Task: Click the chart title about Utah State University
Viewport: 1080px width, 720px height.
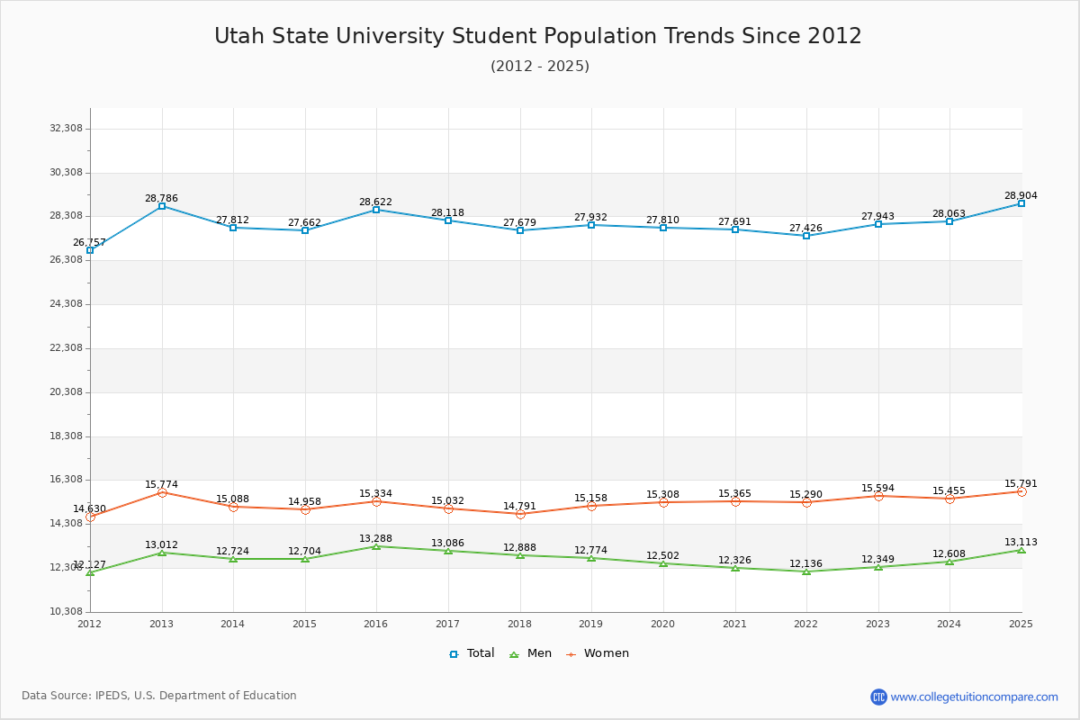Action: pyautogui.click(x=538, y=36)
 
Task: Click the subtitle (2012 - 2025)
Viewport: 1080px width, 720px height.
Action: pyautogui.click(x=540, y=67)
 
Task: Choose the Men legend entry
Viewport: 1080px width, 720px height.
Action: pyautogui.click(x=531, y=653)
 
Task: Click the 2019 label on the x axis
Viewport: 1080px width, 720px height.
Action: pyautogui.click(x=590, y=624)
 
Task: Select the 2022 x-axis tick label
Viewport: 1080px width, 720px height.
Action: pyautogui.click(x=805, y=624)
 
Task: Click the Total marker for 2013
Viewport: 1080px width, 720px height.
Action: pyautogui.click(x=162, y=206)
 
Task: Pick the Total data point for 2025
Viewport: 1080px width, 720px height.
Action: pyautogui.click(x=1021, y=203)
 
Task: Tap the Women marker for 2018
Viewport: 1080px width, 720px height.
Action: pyautogui.click(x=520, y=514)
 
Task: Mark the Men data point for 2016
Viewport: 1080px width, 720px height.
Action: pyautogui.click(x=376, y=546)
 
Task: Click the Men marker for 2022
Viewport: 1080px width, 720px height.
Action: pyautogui.click(x=806, y=571)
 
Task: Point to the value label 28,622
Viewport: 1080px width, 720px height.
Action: pyautogui.click(x=375, y=202)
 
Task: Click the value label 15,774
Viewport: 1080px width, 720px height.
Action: pyautogui.click(x=162, y=485)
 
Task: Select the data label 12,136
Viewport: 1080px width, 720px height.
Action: pyautogui.click(x=805, y=564)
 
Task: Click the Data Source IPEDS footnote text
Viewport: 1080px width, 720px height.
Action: pyautogui.click(x=159, y=696)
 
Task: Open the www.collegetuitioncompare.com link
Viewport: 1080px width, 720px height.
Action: pyautogui.click(x=974, y=697)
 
